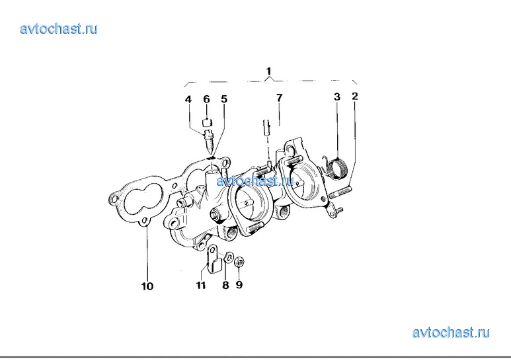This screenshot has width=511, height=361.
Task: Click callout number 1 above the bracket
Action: [268, 71]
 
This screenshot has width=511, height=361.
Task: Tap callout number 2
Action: [355, 96]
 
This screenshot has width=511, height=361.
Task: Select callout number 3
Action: [337, 97]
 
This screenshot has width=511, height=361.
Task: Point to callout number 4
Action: [188, 99]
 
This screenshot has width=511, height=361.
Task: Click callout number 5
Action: [224, 99]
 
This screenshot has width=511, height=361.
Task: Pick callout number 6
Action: [207, 99]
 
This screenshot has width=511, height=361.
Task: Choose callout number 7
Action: [279, 97]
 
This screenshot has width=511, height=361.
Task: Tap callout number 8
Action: [225, 285]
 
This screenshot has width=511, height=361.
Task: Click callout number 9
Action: [239, 285]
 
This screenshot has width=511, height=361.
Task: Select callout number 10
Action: [147, 286]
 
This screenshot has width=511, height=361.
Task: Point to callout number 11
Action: [201, 285]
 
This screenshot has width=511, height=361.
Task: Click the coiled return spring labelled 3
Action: [336, 167]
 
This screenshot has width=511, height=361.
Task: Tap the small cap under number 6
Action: [207, 123]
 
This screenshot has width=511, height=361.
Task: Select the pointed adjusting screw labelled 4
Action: [208, 140]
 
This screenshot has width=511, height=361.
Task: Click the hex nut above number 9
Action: [239, 261]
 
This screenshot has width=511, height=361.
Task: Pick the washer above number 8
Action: [229, 258]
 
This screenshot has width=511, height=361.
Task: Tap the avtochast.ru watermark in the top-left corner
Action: [59, 29]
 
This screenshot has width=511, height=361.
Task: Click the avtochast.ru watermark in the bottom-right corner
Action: [451, 333]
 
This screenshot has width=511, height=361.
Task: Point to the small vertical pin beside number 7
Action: [266, 128]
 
